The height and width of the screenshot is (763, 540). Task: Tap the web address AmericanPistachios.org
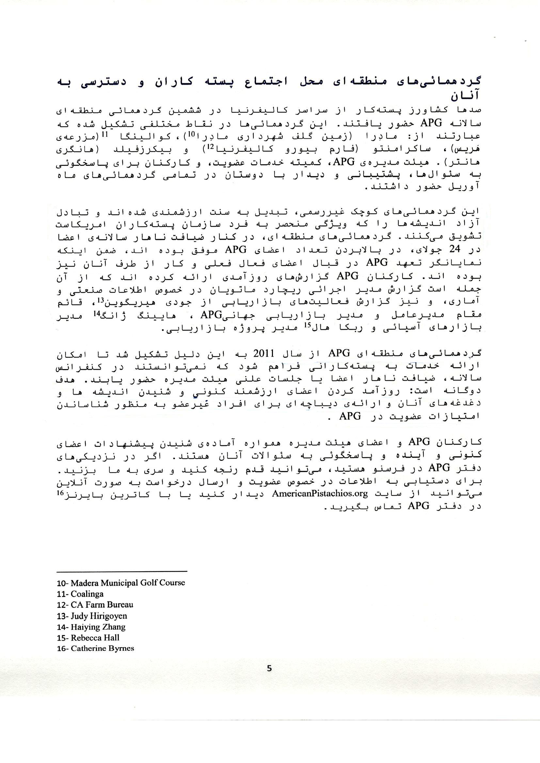point(320,493)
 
